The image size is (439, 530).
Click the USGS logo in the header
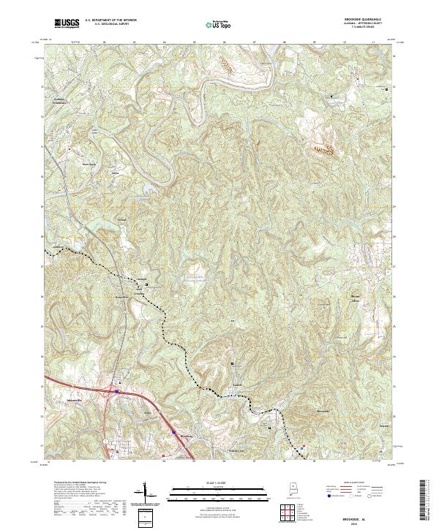pos(67,23)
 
